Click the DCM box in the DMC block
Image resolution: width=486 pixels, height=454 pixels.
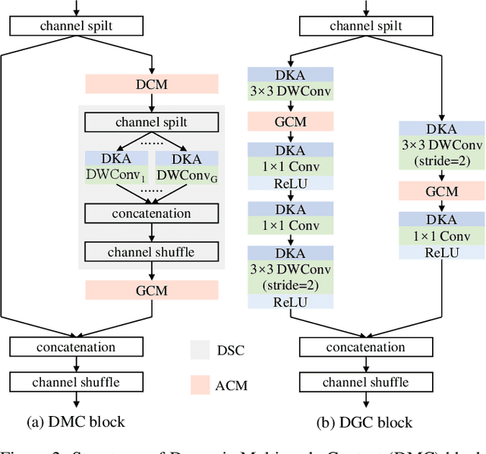(x=152, y=84)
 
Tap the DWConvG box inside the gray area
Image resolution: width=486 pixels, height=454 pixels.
(x=186, y=173)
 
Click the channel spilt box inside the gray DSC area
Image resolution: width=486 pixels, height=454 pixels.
(x=152, y=121)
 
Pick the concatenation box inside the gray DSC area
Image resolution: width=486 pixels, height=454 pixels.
(x=152, y=213)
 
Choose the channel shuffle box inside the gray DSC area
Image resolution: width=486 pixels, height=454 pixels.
(x=152, y=251)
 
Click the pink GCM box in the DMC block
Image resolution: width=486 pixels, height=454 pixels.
(x=152, y=290)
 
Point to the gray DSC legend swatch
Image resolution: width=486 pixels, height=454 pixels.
(x=200, y=349)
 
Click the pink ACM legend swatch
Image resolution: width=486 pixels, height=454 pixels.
(x=200, y=385)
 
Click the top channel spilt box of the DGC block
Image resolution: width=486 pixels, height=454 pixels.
(x=367, y=26)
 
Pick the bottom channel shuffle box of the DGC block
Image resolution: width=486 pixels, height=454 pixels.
(x=367, y=382)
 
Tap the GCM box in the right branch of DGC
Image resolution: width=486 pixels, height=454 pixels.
(x=441, y=191)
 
